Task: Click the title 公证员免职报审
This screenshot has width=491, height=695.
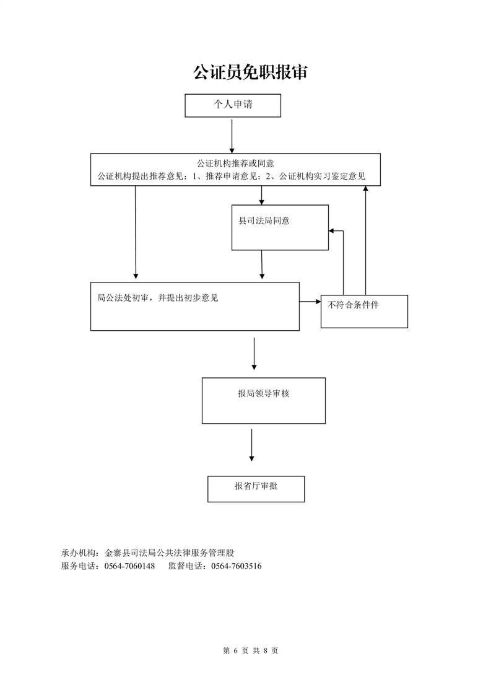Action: pyautogui.click(x=250, y=72)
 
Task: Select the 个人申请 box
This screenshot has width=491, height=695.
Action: pyautogui.click(x=233, y=105)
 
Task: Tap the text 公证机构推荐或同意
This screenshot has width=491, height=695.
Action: pyautogui.click(x=235, y=164)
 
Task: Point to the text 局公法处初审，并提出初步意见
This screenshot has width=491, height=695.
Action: pyautogui.click(x=158, y=297)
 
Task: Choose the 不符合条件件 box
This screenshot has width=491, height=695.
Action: pyautogui.click(x=364, y=311)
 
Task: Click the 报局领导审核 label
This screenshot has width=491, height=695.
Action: pyautogui.click(x=263, y=393)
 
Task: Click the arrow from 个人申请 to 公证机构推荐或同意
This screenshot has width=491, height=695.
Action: pyautogui.click(x=232, y=136)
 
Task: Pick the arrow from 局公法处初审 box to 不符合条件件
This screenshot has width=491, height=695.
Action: pyautogui.click(x=310, y=302)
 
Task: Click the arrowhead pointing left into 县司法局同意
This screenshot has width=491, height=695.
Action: pyautogui.click(x=332, y=230)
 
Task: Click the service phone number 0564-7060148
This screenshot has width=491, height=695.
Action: pyautogui.click(x=129, y=566)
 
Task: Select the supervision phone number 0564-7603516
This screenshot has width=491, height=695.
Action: pyautogui.click(x=237, y=566)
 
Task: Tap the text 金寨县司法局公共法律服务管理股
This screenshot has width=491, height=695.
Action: pyautogui.click(x=169, y=553)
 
